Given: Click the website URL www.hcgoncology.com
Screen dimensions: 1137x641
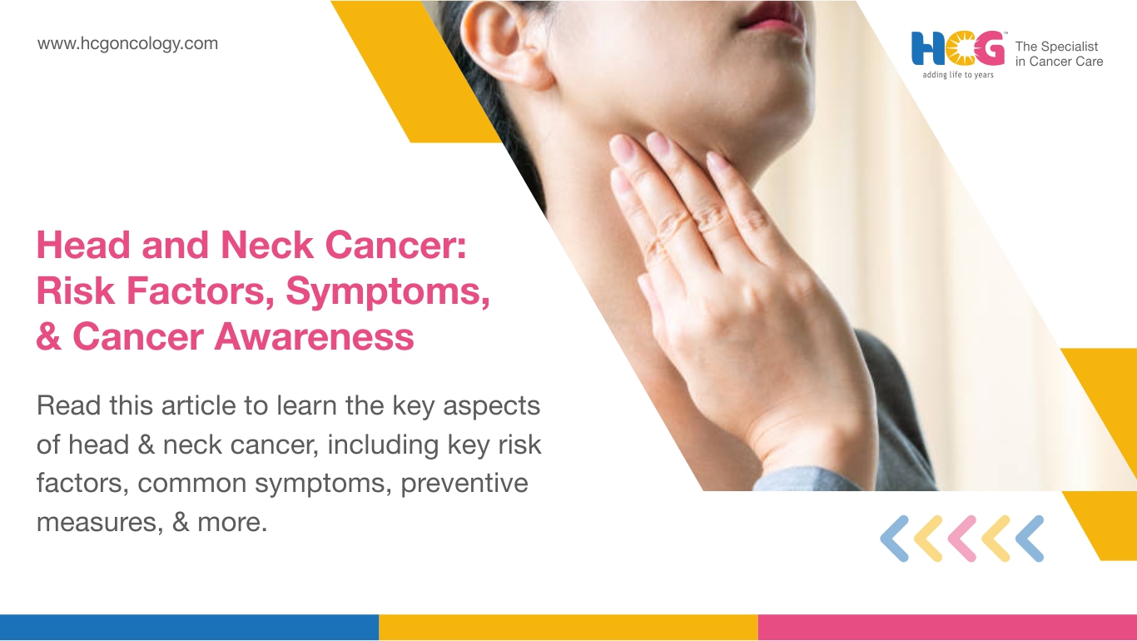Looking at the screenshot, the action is coord(127,44).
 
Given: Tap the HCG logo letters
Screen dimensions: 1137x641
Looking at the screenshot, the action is coord(958,48).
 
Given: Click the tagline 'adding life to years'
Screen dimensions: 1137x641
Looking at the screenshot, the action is coord(958,75).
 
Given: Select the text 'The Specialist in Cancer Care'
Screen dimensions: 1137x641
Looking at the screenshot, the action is coord(1059,54).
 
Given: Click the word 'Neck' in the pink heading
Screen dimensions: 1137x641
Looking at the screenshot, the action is coord(267,245).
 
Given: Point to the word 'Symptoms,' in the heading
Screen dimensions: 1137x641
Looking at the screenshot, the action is coord(388,292).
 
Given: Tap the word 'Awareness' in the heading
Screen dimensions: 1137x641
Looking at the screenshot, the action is coord(314,336).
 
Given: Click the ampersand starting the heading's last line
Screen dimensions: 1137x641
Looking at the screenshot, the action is coord(49,336).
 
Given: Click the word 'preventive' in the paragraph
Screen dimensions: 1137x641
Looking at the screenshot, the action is coord(464,484).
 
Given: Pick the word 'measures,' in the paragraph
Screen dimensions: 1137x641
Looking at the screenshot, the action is coord(100,523).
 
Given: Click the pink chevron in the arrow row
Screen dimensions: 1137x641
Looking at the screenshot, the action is coord(962,539).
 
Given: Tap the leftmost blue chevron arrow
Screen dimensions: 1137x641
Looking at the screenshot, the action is coord(894,539).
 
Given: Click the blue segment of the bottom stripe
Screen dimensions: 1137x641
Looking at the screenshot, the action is coord(189,627).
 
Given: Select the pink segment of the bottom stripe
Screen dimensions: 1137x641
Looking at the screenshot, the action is coord(947,627).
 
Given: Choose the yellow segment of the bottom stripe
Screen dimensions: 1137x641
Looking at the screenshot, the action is coord(568,627).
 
